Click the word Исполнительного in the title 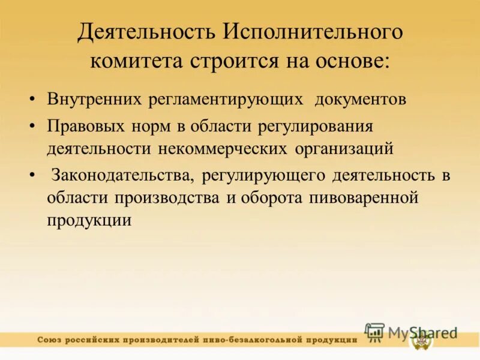pos(314,33)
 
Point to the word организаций pos(344,148)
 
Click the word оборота pos(271,197)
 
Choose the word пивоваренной pos(365,197)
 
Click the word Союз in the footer pos(51,340)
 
